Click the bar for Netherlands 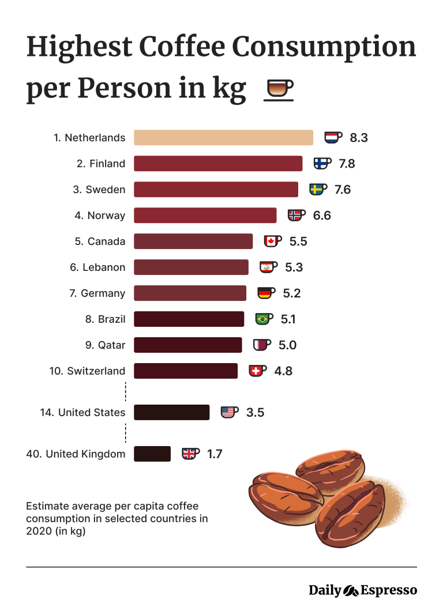223,138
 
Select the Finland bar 218,164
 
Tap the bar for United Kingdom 152,454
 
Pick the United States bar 171,412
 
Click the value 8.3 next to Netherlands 359,138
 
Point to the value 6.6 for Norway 322,216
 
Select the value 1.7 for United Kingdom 215,454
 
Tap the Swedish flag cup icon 318,189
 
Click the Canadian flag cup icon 272,241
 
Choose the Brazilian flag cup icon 264,319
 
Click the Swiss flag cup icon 257,371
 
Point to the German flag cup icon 266,293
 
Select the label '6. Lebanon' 97,267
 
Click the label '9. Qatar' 105,345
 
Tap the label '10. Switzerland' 87,371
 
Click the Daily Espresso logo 362,590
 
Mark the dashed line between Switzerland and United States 126,391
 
